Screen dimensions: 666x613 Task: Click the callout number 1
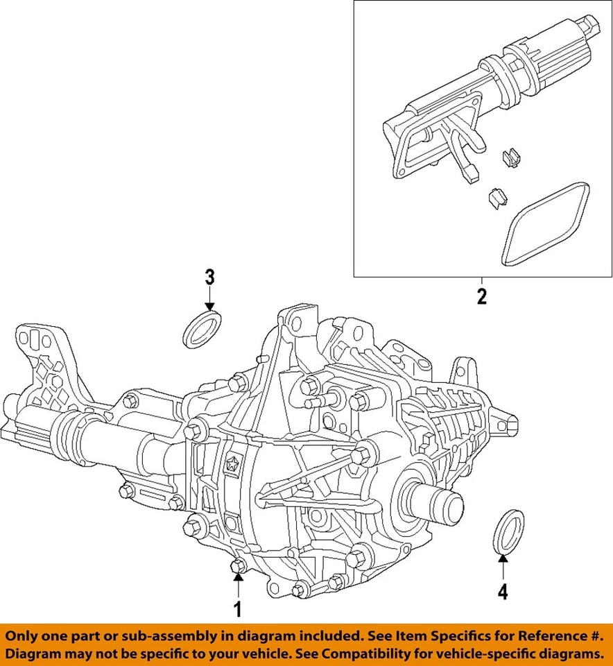point(238,610)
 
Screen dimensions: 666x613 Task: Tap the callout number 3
point(209,277)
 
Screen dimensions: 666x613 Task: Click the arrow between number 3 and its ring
point(209,300)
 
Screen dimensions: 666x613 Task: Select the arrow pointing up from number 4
point(503,567)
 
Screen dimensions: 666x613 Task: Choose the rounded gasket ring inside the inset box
point(546,224)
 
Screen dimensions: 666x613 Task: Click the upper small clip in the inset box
point(510,159)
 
